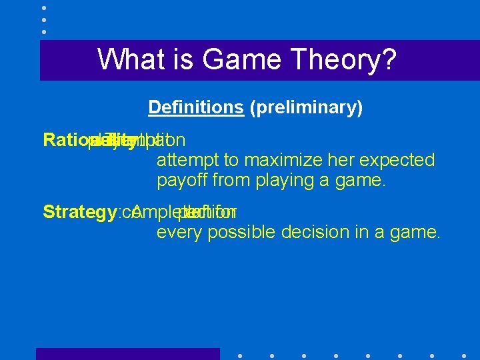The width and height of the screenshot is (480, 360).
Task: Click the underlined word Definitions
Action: pos(196,107)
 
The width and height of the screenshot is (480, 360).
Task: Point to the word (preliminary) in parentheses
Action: pos(306,107)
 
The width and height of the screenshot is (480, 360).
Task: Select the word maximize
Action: pos(274,160)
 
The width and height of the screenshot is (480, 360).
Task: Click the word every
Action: pos(178,232)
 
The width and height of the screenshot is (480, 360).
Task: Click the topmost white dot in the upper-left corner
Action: pos(43,8)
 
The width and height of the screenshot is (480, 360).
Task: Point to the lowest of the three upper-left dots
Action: pos(43,31)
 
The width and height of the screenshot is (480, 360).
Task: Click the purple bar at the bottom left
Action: pos(127,354)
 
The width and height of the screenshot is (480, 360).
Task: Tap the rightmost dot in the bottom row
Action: pos(463,356)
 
